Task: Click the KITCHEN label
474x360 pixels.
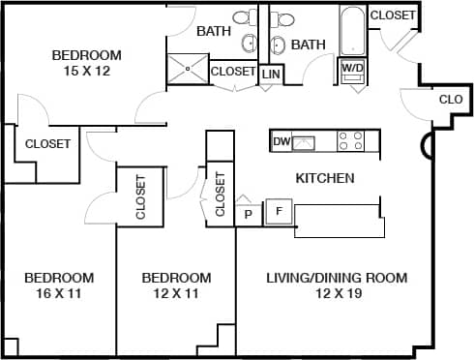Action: [x=324, y=178]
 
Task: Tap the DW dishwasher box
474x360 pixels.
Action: [x=281, y=142]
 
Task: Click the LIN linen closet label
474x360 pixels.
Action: [x=271, y=74]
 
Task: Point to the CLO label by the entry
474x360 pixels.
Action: [x=451, y=99]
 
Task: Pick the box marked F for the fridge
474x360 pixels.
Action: [x=279, y=211]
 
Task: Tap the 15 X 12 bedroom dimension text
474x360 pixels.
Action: [x=87, y=71]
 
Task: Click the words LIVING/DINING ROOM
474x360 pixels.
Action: [x=337, y=278]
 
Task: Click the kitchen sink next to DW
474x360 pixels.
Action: [x=305, y=142]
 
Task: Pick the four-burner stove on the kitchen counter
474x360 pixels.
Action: [x=349, y=141]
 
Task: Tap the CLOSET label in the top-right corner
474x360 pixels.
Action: [x=393, y=15]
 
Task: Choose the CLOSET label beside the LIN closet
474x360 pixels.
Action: [x=233, y=72]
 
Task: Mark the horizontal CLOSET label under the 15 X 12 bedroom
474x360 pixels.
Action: [x=47, y=144]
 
